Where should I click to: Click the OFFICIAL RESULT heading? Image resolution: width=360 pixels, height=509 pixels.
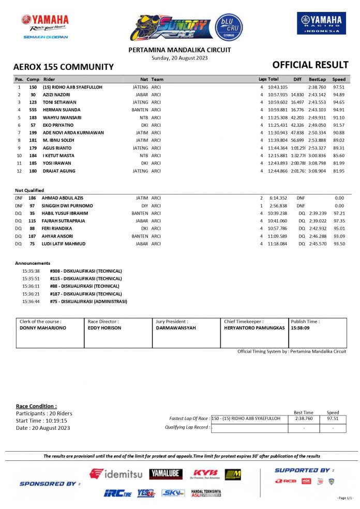310,65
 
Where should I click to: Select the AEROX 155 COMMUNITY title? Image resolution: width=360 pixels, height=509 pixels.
63,67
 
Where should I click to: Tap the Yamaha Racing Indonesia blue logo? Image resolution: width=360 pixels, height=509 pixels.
321,24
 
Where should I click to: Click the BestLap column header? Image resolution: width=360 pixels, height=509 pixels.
317,80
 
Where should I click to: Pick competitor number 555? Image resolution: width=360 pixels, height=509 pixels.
33,110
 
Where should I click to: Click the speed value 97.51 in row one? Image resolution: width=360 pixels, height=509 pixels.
339,87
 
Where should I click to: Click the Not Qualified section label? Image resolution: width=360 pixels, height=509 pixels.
29,190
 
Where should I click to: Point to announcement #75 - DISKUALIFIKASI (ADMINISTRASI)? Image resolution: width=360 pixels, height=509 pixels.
88,301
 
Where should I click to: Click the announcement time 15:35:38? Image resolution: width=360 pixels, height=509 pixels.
31,271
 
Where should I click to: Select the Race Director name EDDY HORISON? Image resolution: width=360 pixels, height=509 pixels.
104,328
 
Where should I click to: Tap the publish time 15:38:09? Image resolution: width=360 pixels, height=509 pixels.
300,328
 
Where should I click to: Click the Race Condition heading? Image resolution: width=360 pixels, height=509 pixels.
36,406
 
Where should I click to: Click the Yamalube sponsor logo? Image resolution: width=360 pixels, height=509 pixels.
166,473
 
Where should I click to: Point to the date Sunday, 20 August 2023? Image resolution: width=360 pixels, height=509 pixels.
179,57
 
